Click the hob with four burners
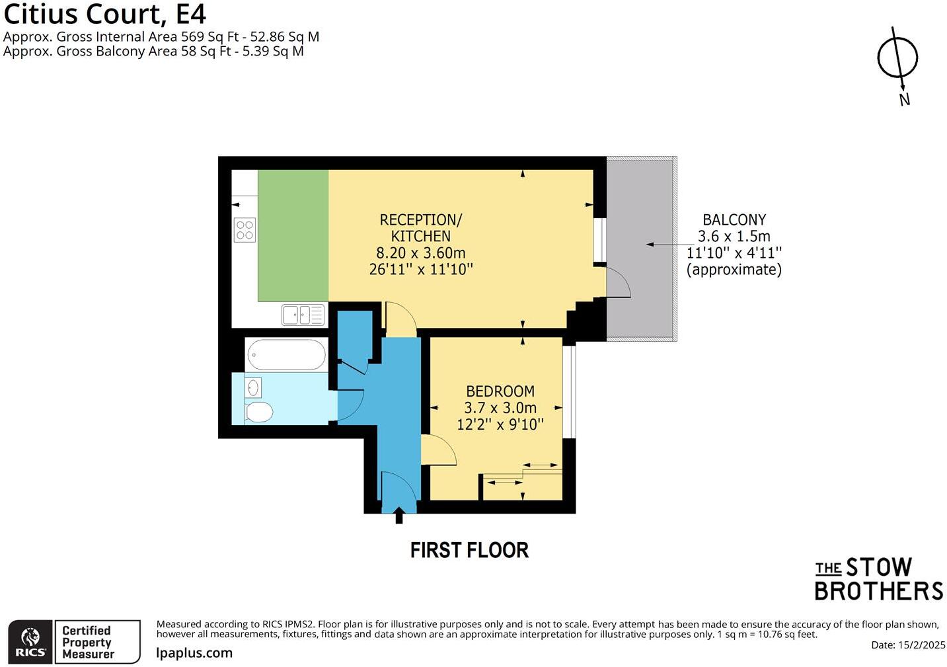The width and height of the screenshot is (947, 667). pyautogui.click(x=245, y=229)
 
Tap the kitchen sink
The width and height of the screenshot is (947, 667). pyautogui.click(x=303, y=315)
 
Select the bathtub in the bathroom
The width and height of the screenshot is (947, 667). pyautogui.click(x=286, y=355)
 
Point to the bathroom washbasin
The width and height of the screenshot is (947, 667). pyautogui.click(x=253, y=387)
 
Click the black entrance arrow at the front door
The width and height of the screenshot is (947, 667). pyautogui.click(x=399, y=515)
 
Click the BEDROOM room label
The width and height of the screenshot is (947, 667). pyautogui.click(x=500, y=391)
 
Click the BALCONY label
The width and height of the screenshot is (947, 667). pyautogui.click(x=734, y=220)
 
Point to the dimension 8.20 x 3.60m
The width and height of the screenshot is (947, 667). pyautogui.click(x=421, y=253)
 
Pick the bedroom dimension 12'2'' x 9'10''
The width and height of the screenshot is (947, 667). pyautogui.click(x=500, y=424)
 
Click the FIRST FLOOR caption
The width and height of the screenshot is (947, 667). pyautogui.click(x=469, y=550)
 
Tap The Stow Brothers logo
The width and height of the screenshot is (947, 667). pyautogui.click(x=878, y=579)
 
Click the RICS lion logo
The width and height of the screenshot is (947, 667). pyautogui.click(x=30, y=641)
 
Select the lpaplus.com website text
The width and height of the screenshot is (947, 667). pyautogui.click(x=194, y=653)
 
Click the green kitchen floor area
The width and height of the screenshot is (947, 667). pyautogui.click(x=293, y=235)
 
